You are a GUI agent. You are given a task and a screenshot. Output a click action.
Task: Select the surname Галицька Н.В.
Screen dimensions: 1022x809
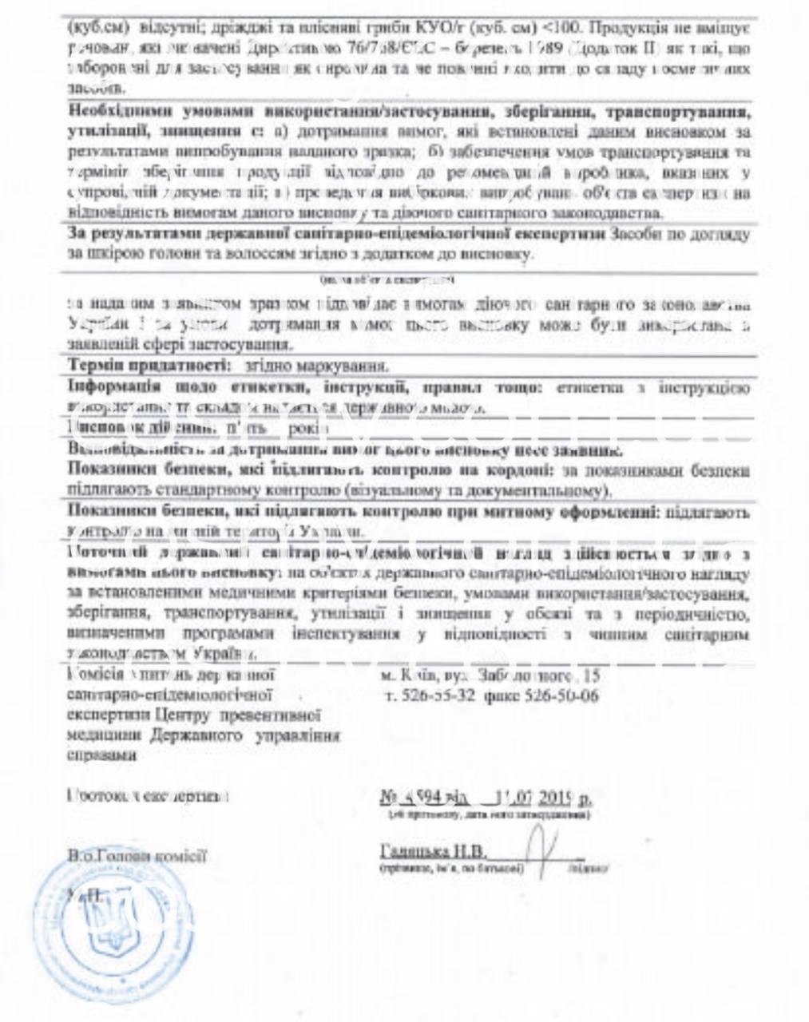coord(433,850)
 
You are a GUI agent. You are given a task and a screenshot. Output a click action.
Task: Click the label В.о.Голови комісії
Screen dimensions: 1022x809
coord(137,856)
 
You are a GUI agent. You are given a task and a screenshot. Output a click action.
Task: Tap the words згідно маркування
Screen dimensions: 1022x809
coord(308,366)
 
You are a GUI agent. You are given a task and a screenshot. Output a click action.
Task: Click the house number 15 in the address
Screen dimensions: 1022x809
coord(591,675)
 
